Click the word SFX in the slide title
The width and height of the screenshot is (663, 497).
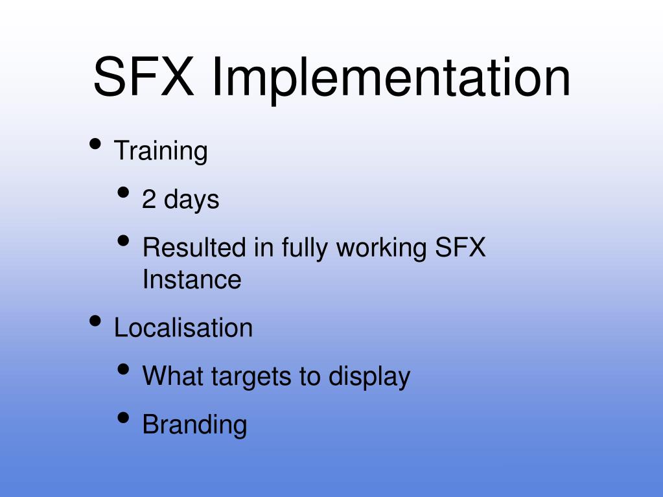[143, 76]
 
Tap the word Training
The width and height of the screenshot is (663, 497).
[161, 152]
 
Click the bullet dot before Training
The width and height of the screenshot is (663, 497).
[95, 144]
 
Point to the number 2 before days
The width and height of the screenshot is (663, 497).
[149, 200]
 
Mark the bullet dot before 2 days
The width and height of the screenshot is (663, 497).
[124, 192]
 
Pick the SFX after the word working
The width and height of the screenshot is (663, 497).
[459, 248]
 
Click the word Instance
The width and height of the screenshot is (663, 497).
[191, 280]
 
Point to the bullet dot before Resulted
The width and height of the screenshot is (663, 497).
[124, 241]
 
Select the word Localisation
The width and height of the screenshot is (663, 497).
[183, 328]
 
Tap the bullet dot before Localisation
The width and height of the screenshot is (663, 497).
[95, 320]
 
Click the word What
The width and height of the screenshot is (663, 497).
[170, 376]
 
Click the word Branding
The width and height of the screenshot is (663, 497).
[194, 425]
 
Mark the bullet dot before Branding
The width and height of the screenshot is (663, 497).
[124, 418]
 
